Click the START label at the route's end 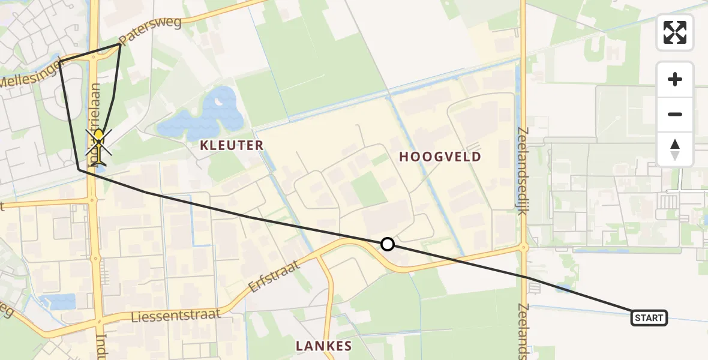point(649,317)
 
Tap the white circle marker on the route point(388,244)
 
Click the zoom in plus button point(675,79)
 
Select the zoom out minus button point(675,115)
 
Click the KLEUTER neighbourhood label point(232,145)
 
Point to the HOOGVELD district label point(440,157)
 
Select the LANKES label point(324,346)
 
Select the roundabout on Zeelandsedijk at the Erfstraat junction point(523,247)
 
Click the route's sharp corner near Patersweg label point(119,45)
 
